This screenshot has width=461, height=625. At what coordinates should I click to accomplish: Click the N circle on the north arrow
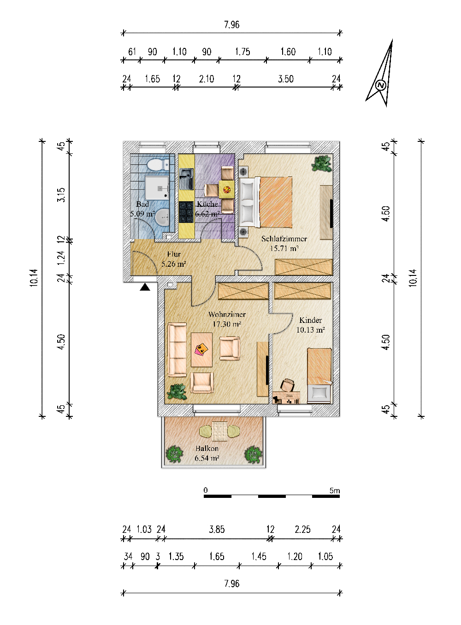(380, 85)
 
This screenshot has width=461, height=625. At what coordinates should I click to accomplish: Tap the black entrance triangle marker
(145, 287)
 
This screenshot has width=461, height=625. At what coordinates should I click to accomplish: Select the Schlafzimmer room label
(284, 239)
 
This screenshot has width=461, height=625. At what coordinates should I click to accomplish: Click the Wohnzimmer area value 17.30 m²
(227, 324)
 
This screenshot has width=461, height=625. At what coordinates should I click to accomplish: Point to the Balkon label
(207, 449)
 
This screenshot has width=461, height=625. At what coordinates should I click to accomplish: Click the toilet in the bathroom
(157, 164)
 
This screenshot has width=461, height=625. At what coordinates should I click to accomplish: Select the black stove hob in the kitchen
(186, 212)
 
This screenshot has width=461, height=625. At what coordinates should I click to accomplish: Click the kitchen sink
(186, 179)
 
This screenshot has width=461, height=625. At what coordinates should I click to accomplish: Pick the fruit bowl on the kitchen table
(227, 190)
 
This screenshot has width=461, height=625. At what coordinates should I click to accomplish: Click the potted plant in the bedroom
(322, 164)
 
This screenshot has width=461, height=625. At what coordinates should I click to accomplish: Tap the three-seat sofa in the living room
(177, 350)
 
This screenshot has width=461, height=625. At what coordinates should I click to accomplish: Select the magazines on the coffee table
(201, 349)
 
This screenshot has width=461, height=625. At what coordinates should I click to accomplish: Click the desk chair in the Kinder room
(287, 385)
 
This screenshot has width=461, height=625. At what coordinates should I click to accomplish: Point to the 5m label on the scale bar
(335, 490)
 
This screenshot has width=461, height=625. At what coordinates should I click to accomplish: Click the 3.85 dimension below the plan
(217, 529)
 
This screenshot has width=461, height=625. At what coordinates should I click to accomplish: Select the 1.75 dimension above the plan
(242, 52)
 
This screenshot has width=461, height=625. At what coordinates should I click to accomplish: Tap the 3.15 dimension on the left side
(61, 195)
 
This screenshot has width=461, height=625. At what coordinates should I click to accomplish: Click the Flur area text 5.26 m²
(174, 263)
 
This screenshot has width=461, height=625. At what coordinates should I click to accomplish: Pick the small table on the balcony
(219, 432)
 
